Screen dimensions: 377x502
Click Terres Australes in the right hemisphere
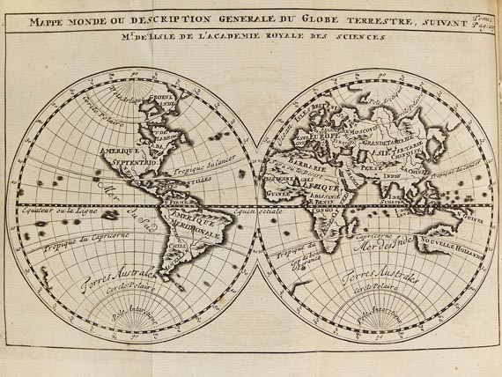point(379,280)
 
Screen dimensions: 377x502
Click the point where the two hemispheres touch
point(254,204)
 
